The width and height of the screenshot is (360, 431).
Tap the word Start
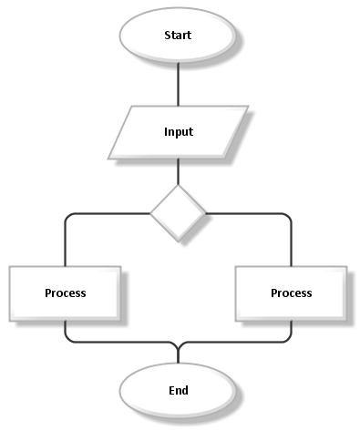coord(178,36)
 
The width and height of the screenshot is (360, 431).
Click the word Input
coord(178,131)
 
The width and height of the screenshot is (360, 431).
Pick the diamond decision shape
coord(178,213)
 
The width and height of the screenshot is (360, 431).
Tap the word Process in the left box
coord(65,292)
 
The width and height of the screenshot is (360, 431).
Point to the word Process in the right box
coord(291,292)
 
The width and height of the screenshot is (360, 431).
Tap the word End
coord(178,390)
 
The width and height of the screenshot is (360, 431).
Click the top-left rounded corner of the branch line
coord(67,216)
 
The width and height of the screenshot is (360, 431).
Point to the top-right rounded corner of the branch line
coord(288,216)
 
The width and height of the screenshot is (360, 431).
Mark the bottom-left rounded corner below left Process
coord(67,339)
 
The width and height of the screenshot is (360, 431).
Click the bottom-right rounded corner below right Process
coord(288,339)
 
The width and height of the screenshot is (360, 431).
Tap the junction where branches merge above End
coord(178,347)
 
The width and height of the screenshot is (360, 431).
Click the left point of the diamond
coord(151,213)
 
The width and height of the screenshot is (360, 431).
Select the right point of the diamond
coord(205,213)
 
